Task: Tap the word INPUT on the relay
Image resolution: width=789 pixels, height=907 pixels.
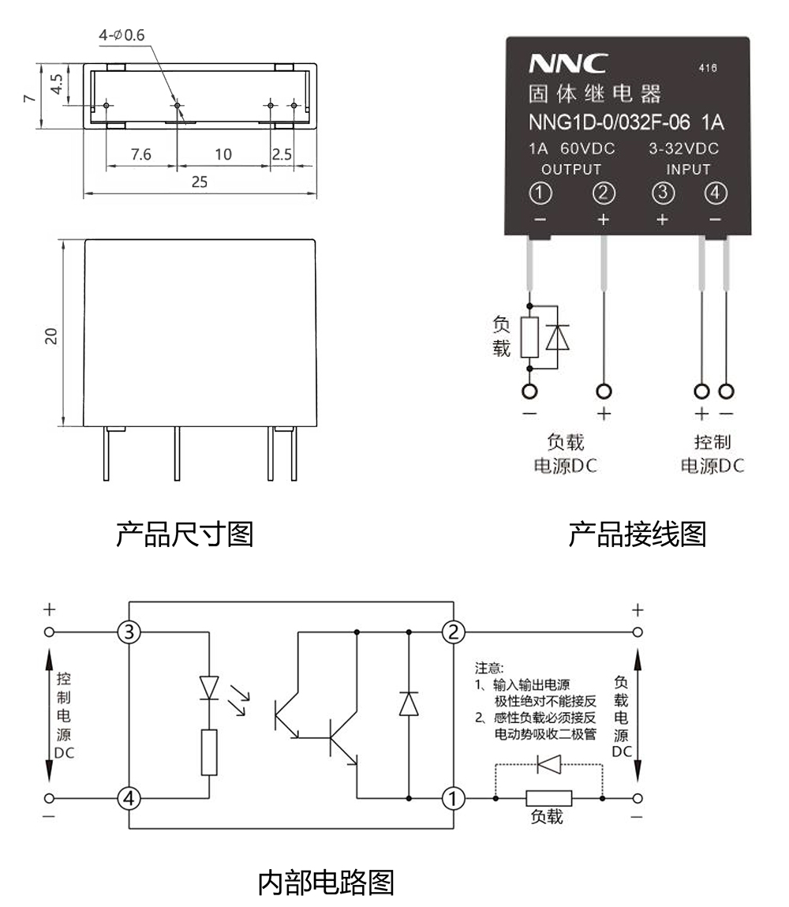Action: coord(688,169)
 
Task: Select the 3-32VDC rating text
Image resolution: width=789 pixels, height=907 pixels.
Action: coord(683,148)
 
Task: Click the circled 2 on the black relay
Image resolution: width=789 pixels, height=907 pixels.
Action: coord(604,193)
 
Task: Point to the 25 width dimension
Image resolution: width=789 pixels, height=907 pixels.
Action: coord(200,182)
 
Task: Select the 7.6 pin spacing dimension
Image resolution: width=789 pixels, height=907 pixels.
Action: coord(141,154)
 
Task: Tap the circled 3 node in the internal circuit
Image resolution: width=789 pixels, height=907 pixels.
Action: coord(129,632)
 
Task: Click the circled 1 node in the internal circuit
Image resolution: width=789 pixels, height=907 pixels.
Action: coord(453,798)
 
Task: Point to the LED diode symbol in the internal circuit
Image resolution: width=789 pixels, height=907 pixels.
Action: coord(209,687)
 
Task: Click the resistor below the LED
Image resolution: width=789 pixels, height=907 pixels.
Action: coord(209,752)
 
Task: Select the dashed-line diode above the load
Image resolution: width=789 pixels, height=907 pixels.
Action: coord(548,764)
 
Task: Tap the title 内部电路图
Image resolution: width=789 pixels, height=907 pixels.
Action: coord(326,882)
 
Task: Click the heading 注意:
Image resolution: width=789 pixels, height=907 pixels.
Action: coord(488,668)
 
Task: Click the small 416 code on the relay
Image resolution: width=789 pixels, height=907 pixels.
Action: coord(708,69)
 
